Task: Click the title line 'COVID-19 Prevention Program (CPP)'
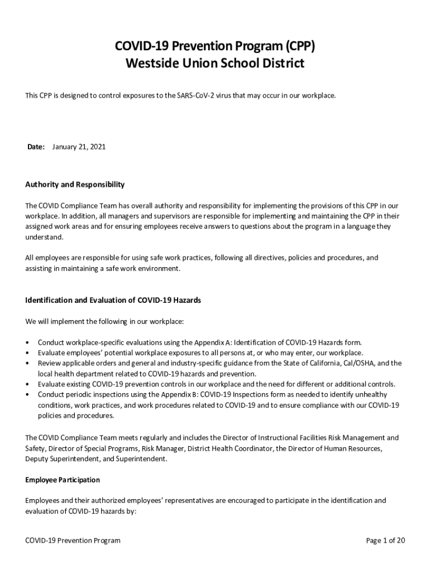pyautogui.click(x=215, y=46)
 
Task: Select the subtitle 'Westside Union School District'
pyautogui.click(x=215, y=64)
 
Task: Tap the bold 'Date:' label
pyautogui.click(x=36, y=147)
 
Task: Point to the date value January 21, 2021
pyautogui.click(x=79, y=147)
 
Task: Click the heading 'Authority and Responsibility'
pyautogui.click(x=75, y=185)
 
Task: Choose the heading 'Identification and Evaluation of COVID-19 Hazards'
pyautogui.click(x=113, y=300)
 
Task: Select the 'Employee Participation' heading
pyautogui.click(x=63, y=480)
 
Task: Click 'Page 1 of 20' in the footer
pyautogui.click(x=385, y=540)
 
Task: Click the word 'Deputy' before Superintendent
pyautogui.click(x=37, y=459)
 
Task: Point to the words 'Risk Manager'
pyautogui.click(x=163, y=448)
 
